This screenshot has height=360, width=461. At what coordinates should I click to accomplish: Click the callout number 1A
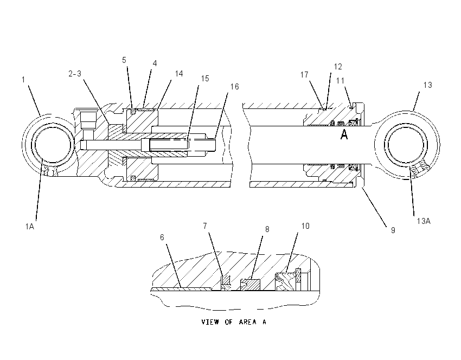click(30, 227)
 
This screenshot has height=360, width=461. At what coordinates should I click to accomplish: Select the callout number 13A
click(424, 221)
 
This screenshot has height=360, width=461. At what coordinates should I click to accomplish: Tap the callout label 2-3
click(75, 74)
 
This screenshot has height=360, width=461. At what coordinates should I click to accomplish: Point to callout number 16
click(235, 87)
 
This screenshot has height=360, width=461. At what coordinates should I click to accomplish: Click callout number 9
click(393, 230)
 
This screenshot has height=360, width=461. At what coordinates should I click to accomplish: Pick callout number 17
click(304, 75)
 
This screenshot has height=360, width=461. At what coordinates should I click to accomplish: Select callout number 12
click(338, 67)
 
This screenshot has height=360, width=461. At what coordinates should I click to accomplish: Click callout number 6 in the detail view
click(162, 237)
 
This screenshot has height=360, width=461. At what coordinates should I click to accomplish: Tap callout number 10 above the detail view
click(305, 226)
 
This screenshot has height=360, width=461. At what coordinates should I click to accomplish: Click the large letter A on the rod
click(344, 134)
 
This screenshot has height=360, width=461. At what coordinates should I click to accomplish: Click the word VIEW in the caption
click(210, 322)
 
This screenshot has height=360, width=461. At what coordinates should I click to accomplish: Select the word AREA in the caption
click(247, 322)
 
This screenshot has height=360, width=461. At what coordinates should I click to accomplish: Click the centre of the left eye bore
click(53, 145)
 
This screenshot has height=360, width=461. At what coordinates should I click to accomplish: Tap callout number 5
click(124, 60)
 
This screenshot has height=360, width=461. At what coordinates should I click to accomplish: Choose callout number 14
click(179, 74)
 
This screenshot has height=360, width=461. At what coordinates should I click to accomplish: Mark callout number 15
click(205, 79)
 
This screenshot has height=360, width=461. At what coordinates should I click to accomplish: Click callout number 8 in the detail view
click(267, 229)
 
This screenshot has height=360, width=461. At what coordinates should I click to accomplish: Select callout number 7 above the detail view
click(205, 226)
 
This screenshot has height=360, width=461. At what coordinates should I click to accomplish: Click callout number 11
click(340, 81)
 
